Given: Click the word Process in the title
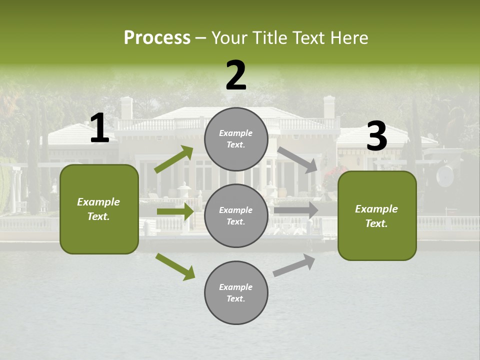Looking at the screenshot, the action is (x=157, y=38).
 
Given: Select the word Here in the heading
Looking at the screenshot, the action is (x=348, y=38).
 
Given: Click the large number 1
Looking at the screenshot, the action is (x=99, y=128).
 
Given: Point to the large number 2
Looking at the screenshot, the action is (x=236, y=76).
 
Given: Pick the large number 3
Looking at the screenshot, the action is (x=376, y=136).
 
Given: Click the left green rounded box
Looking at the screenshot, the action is (x=99, y=209).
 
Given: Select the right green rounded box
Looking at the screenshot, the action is (x=377, y=216).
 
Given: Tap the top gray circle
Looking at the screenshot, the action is (x=236, y=139).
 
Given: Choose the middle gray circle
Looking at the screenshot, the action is (x=236, y=215).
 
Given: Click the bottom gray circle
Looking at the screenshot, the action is (x=236, y=292).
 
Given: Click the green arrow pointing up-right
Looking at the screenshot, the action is (x=174, y=159).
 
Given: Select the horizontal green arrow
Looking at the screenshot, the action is (x=175, y=211).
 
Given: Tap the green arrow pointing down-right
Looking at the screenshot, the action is (x=175, y=266).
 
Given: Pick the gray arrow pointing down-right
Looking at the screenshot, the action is (x=298, y=160).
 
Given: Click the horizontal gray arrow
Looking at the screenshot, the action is (x=296, y=210).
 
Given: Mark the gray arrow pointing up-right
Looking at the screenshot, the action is (x=294, y=265).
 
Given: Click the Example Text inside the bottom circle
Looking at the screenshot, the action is (x=236, y=293).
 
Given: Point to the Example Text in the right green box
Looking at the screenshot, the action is (x=376, y=216).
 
